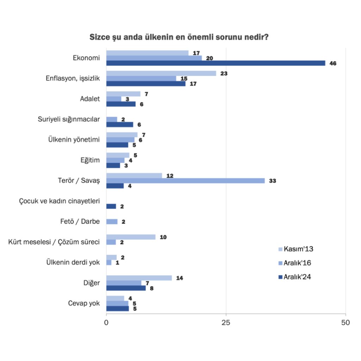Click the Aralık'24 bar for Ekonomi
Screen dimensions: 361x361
(x=215, y=63)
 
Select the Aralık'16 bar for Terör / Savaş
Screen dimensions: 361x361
(x=185, y=181)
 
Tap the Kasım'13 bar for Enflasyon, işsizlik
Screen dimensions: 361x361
(x=161, y=73)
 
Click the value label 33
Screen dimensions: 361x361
(x=272, y=181)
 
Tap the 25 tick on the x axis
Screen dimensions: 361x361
(x=226, y=323)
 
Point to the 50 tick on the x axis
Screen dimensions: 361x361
(x=346, y=323)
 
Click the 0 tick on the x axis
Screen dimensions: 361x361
(x=106, y=323)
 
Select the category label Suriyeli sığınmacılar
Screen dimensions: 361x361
(x=69, y=119)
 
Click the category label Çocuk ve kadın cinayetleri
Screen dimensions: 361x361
(x=60, y=201)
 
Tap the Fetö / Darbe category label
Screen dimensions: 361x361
(x=80, y=222)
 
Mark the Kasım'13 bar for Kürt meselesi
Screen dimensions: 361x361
(x=131, y=237)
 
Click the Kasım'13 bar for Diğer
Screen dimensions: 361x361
(x=139, y=278)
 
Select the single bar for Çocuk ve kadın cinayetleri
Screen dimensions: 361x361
(x=111, y=206)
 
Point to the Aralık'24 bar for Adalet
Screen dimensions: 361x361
(x=121, y=104)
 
